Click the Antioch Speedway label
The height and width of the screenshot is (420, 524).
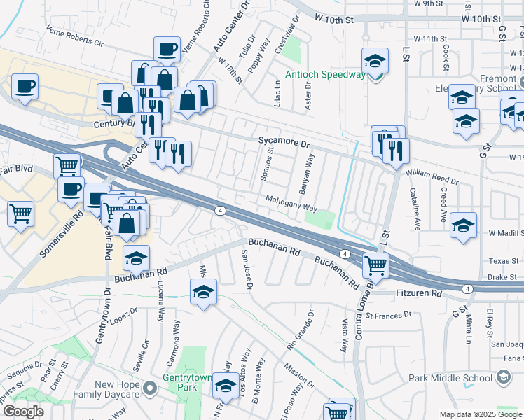click(325, 76)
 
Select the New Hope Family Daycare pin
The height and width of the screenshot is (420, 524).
click(148, 387)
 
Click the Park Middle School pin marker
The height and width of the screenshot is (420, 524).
click(503, 379)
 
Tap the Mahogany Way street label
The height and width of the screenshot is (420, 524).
click(291, 204)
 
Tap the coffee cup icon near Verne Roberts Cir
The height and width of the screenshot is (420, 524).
click(167, 49)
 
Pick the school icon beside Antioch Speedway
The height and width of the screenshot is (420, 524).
click(375, 61)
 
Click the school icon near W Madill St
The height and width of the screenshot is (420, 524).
click(464, 225)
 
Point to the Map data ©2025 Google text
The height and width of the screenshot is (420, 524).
click(481, 414)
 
